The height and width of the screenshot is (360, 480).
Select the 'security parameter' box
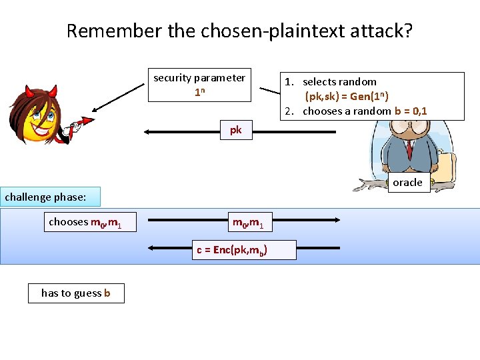click(199, 85)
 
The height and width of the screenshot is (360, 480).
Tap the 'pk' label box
click(236, 130)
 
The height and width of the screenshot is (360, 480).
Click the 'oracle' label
click(407, 183)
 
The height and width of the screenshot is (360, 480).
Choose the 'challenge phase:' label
click(51, 197)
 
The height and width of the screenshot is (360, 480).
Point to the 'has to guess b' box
click(76, 293)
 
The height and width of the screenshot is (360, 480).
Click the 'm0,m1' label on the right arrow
click(248, 221)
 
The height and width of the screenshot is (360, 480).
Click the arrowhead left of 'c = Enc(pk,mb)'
click(152, 248)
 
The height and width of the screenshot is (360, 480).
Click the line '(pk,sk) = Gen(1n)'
click(347, 96)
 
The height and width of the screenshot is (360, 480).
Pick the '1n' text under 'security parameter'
click(199, 93)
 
